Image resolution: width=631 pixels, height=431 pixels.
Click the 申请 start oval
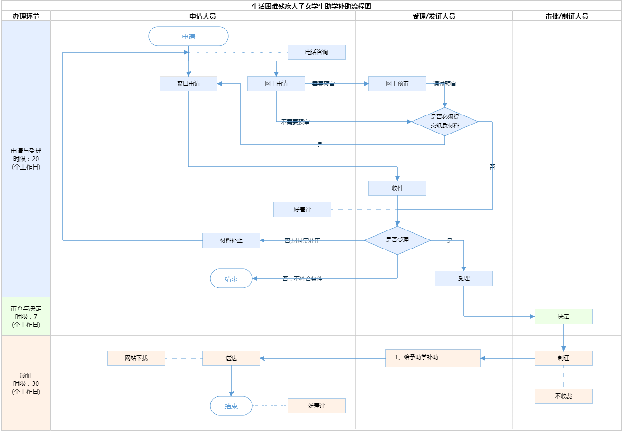(188, 37)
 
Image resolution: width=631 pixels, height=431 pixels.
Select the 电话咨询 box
(317, 52)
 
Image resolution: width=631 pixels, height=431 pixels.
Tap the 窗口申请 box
(188, 84)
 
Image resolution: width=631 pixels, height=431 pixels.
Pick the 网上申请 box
(276, 84)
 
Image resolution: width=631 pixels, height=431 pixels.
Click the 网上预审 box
(397, 84)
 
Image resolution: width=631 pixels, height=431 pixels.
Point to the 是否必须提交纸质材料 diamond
(445, 122)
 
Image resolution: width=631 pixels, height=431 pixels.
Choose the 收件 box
(397, 188)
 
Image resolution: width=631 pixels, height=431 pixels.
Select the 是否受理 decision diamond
(397, 240)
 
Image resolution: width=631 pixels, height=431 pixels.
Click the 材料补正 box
(231, 240)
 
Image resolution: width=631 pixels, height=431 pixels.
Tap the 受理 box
(464, 278)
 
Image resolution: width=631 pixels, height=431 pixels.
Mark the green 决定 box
(564, 316)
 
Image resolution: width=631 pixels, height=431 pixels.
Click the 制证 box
(564, 358)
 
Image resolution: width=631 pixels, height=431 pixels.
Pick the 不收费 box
(564, 396)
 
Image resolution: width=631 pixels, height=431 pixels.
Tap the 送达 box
(231, 358)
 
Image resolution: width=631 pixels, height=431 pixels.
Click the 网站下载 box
(136, 358)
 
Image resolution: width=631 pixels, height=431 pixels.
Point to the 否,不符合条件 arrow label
(302, 279)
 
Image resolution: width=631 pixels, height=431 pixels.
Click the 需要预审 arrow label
(323, 84)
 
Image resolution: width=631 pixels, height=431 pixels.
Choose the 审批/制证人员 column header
(567, 16)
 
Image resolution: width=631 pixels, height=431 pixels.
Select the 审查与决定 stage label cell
(26, 316)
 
